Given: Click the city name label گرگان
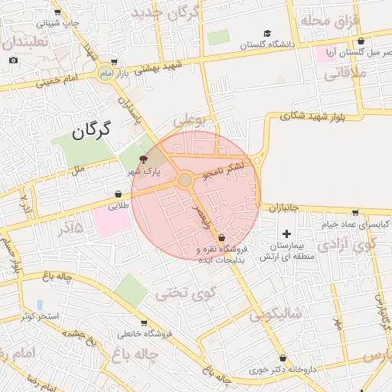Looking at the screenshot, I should (x=91, y=129).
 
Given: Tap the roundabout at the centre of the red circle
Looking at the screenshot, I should (x=185, y=180).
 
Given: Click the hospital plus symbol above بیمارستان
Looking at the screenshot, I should (x=287, y=234).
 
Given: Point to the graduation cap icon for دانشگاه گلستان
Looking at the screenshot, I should (x=267, y=33).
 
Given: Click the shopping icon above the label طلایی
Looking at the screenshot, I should (x=119, y=194).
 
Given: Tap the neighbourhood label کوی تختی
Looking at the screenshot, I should (x=187, y=292).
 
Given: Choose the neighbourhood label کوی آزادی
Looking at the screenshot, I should (x=348, y=246).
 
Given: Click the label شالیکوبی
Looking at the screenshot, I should (x=276, y=313).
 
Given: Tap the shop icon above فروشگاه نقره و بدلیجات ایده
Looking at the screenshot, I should (x=222, y=238).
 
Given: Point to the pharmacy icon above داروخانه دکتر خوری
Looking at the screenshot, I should (x=283, y=358).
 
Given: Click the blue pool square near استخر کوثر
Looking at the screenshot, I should (x=40, y=305).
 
